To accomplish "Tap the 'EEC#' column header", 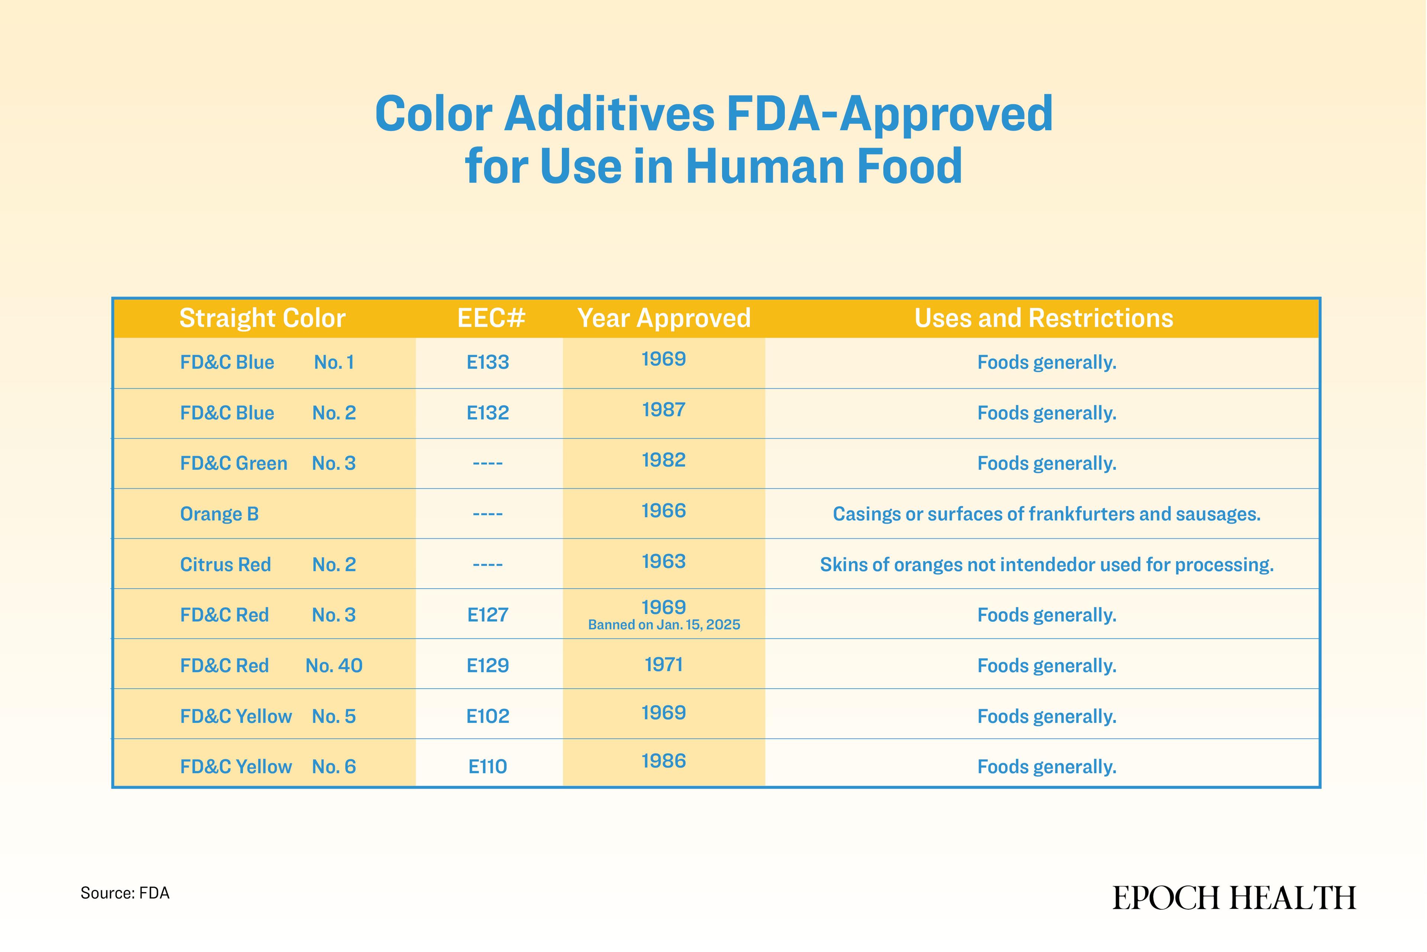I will pyautogui.click(x=491, y=318).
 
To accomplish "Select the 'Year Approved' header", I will pyautogui.click(x=664, y=318).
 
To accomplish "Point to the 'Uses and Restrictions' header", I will pyautogui.click(x=1043, y=318).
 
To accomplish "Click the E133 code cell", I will pyautogui.click(x=488, y=363).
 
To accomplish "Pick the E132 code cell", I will pyautogui.click(x=488, y=413).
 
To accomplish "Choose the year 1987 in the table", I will pyautogui.click(x=664, y=410).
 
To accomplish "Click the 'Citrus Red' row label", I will pyautogui.click(x=225, y=565).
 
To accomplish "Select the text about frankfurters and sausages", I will pyautogui.click(x=1046, y=514).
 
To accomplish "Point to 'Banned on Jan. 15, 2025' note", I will pyautogui.click(x=664, y=625).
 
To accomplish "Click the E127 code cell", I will pyautogui.click(x=488, y=615).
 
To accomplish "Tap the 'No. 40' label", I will pyautogui.click(x=334, y=665).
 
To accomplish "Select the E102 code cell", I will pyautogui.click(x=488, y=717).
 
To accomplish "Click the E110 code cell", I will pyautogui.click(x=488, y=767).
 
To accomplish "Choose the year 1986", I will pyautogui.click(x=664, y=761).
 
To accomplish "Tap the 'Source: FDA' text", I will pyautogui.click(x=125, y=893).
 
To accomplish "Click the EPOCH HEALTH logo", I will pyautogui.click(x=1234, y=898).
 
